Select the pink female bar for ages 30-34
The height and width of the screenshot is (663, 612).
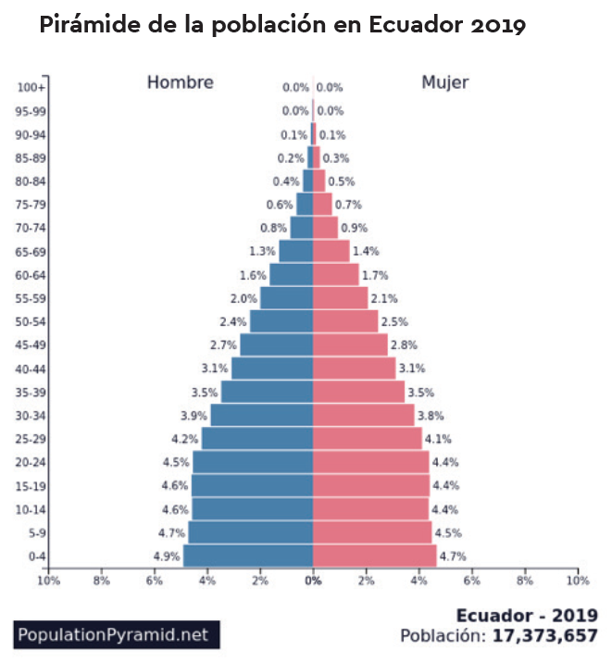[x=363, y=415]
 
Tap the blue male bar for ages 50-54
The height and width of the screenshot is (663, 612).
[x=281, y=321]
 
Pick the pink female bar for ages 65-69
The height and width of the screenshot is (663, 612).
[x=331, y=251]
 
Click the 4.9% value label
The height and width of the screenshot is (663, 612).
[x=167, y=557]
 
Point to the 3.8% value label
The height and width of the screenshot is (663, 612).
[x=430, y=416]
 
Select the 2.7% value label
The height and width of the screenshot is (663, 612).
[x=225, y=345]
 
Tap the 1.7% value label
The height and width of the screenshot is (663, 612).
[x=375, y=275]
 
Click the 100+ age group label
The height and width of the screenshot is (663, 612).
[x=32, y=88]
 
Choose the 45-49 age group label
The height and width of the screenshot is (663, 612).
[x=32, y=345]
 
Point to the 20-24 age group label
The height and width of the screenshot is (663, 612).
[x=32, y=462]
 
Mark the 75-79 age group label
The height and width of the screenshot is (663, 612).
[x=32, y=205]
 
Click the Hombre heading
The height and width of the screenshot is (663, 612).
[x=181, y=82]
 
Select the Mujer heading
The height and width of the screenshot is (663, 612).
[x=445, y=82]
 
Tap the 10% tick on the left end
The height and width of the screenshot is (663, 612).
[x=48, y=582]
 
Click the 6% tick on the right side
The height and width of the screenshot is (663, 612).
[x=472, y=582]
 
